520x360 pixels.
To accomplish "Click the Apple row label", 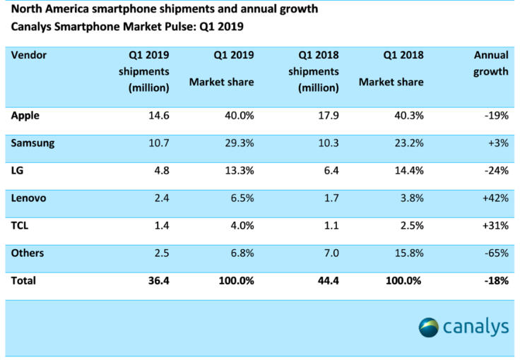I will click(25, 115).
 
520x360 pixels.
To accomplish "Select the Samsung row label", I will click(32, 143).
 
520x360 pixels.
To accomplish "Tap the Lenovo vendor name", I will click(29, 198).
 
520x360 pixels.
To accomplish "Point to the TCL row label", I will click(21, 225).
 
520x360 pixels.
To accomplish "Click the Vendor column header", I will click(30, 54).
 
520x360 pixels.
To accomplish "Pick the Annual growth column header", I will click(490, 63).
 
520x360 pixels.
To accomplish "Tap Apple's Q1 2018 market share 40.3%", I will click(409, 115).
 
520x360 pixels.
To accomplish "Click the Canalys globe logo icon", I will click(428, 328).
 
